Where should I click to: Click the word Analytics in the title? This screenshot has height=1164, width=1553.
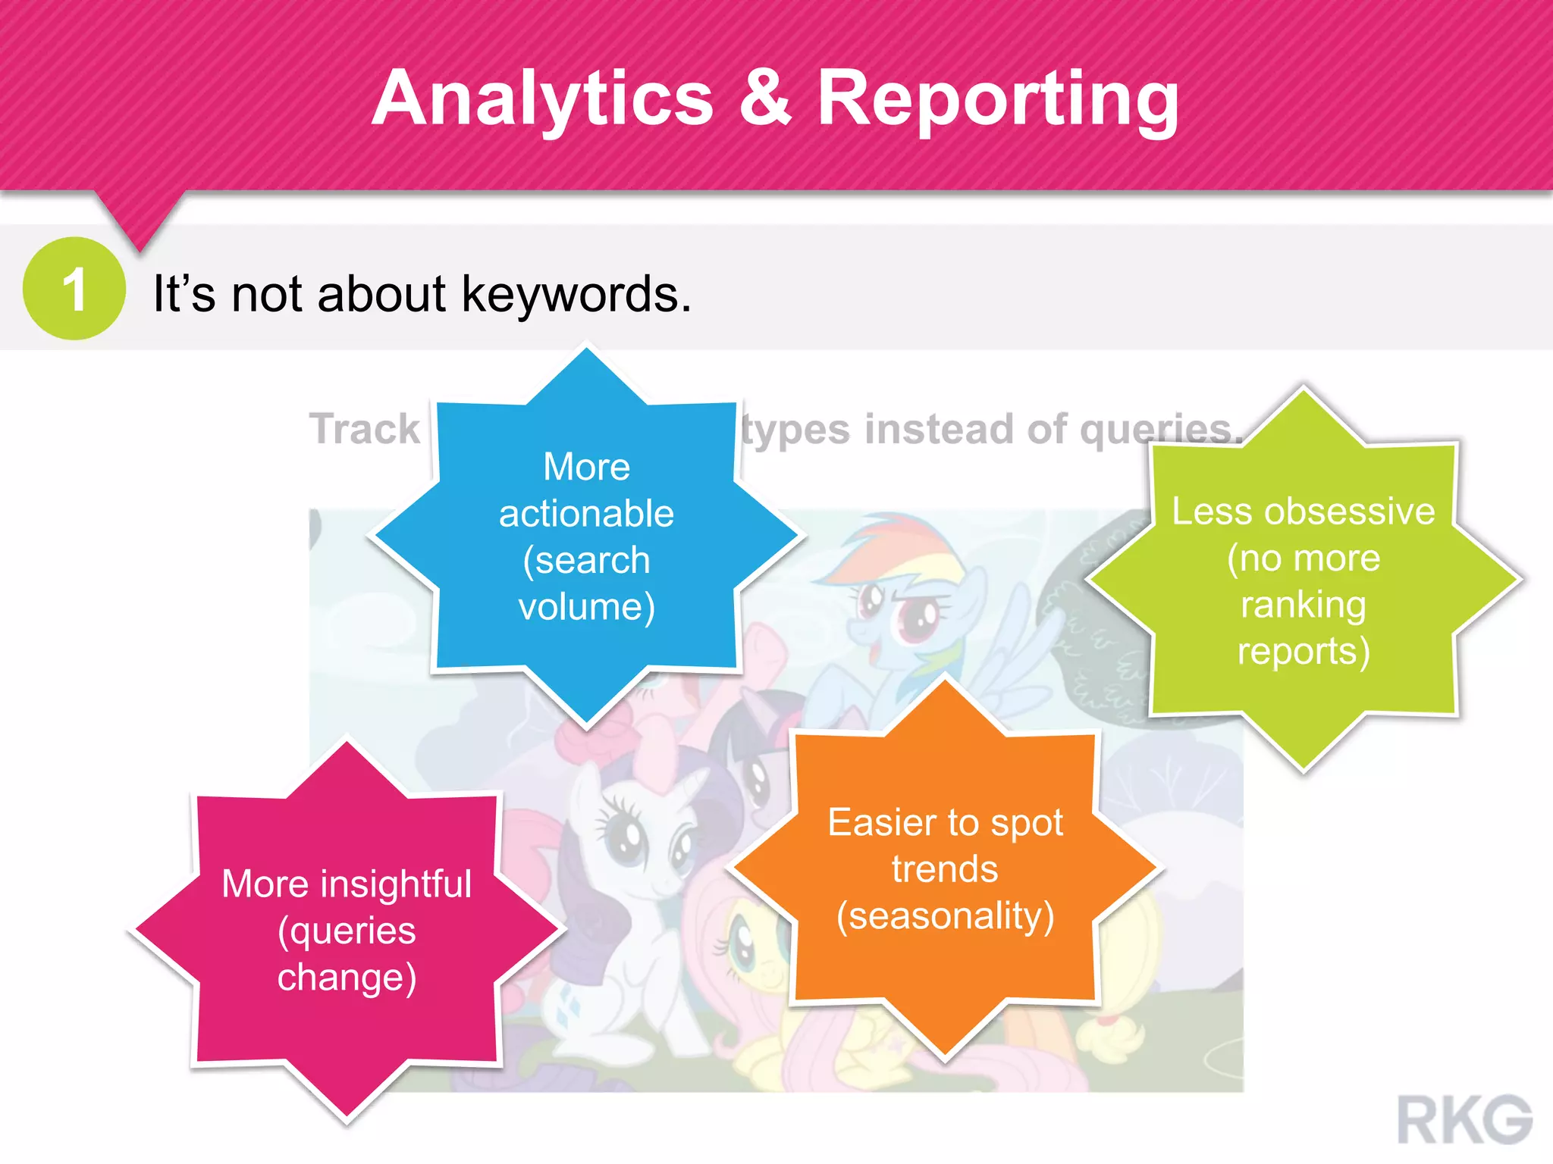coord(542,99)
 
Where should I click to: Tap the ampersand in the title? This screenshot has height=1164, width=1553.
coord(764,99)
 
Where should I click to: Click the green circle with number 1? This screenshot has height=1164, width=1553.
coord(74,289)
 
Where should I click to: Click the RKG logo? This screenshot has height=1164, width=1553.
coord(1464,1119)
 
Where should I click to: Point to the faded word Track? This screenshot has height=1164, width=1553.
coord(365,429)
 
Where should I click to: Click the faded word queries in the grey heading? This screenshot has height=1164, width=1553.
coord(1156,429)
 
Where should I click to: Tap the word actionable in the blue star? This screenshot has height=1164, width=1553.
coord(586,514)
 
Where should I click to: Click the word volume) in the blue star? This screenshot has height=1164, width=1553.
coord(586,607)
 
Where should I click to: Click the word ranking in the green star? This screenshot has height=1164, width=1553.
coord(1304,605)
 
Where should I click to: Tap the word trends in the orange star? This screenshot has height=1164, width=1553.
coord(945,869)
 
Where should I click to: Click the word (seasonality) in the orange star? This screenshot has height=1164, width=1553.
coord(945,916)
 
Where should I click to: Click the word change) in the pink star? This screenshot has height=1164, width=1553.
coord(347,978)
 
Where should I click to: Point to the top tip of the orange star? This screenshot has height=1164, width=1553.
coord(945,682)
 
